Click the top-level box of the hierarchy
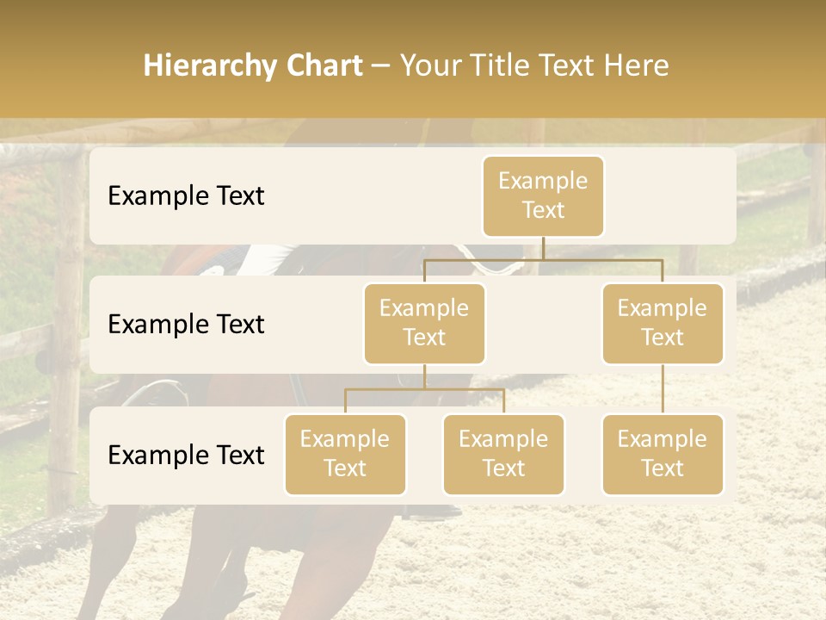(543, 196)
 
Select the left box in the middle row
(424, 324)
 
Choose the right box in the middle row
(663, 324)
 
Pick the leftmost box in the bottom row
(345, 455)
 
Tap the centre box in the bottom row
(503, 455)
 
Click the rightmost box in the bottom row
(663, 455)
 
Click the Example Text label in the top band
(186, 196)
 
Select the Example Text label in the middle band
(186, 325)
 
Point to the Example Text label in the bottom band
(186, 456)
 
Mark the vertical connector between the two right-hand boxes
(663, 389)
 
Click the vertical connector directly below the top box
(543, 248)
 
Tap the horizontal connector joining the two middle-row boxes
(543, 259)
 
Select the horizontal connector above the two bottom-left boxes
(424, 389)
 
